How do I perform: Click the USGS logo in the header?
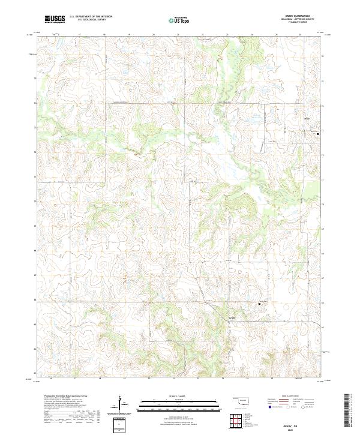55,19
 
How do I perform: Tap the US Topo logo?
181,19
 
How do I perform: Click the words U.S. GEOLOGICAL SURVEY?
91,20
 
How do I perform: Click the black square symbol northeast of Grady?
260,304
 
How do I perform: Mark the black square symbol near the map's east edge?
318,134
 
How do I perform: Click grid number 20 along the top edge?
154,35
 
